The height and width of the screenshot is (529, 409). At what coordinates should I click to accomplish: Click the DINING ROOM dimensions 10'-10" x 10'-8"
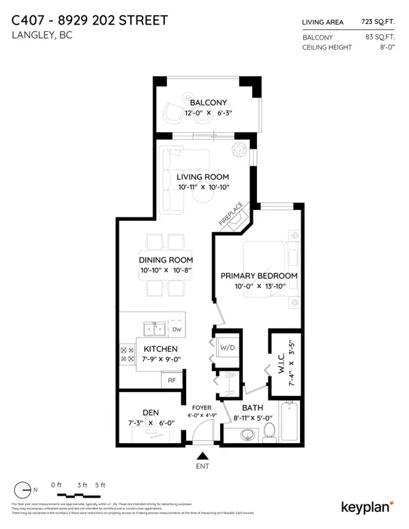click(166, 271)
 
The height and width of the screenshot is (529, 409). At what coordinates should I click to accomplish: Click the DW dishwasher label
click(178, 329)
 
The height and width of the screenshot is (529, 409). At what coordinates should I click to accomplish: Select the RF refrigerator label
click(172, 381)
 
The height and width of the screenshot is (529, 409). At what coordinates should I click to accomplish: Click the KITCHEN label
click(161, 349)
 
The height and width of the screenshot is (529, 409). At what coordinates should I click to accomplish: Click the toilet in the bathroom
click(270, 429)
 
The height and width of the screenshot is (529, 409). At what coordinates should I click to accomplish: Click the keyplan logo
click(365, 506)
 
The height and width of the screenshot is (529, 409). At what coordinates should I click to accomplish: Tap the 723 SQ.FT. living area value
click(381, 22)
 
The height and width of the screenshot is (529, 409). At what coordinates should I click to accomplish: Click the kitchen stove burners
click(127, 352)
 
